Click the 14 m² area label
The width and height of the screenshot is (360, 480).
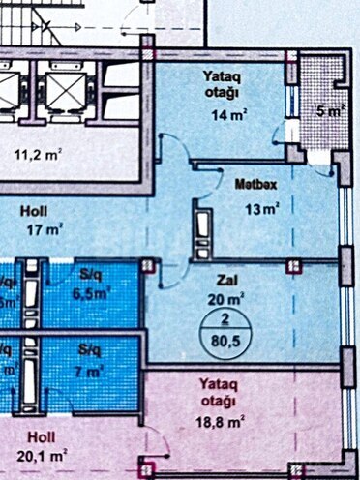point(226,114)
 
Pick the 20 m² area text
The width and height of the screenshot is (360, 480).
point(228,297)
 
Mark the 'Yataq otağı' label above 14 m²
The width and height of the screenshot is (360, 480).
point(224,84)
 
